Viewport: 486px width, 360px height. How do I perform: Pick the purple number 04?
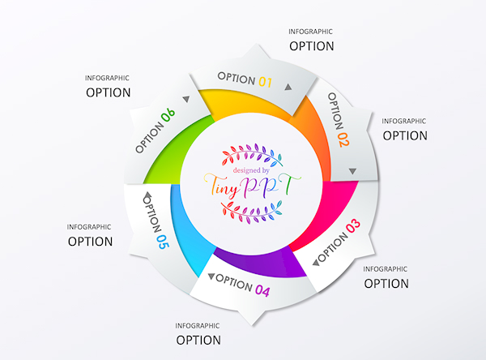point(262,289)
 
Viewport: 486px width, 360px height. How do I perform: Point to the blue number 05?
point(161,241)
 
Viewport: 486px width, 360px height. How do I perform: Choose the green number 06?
point(168,118)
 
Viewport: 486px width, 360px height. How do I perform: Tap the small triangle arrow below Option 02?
point(353,171)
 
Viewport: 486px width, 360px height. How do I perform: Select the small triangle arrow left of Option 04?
point(211,276)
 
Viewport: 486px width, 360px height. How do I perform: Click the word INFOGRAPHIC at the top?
point(310,32)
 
